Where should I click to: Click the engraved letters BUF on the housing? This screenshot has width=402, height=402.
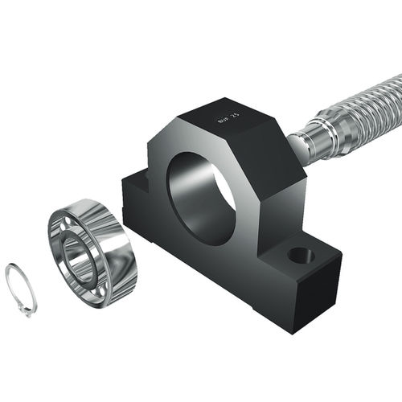pos(223,121)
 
